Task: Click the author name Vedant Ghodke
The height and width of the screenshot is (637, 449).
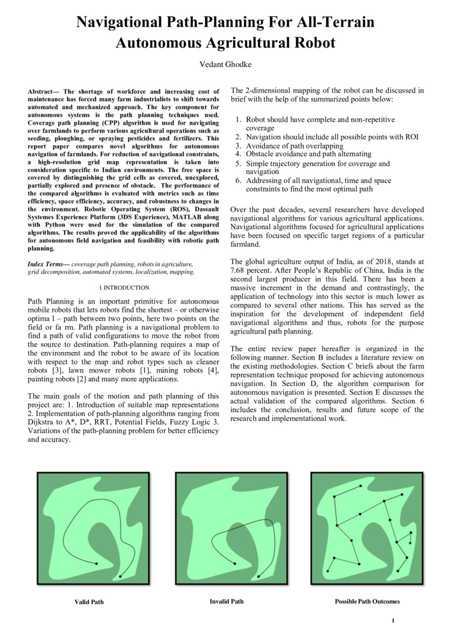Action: coord(224,64)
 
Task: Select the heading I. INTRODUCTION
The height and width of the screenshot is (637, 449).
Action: coord(123,287)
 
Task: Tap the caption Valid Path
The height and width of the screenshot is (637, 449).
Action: coord(89,602)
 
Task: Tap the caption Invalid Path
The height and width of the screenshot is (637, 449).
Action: coord(226,601)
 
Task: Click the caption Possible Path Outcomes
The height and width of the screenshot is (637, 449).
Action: coord(367,601)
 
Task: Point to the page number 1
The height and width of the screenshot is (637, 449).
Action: coord(392,621)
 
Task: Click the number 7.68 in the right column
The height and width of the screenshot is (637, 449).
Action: coord(240,270)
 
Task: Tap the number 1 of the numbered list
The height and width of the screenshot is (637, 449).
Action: coord(239,119)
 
